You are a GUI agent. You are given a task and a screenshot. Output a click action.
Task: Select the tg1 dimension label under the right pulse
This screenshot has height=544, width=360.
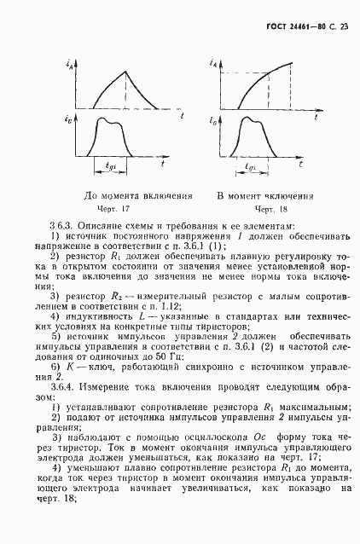coord(248,167)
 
